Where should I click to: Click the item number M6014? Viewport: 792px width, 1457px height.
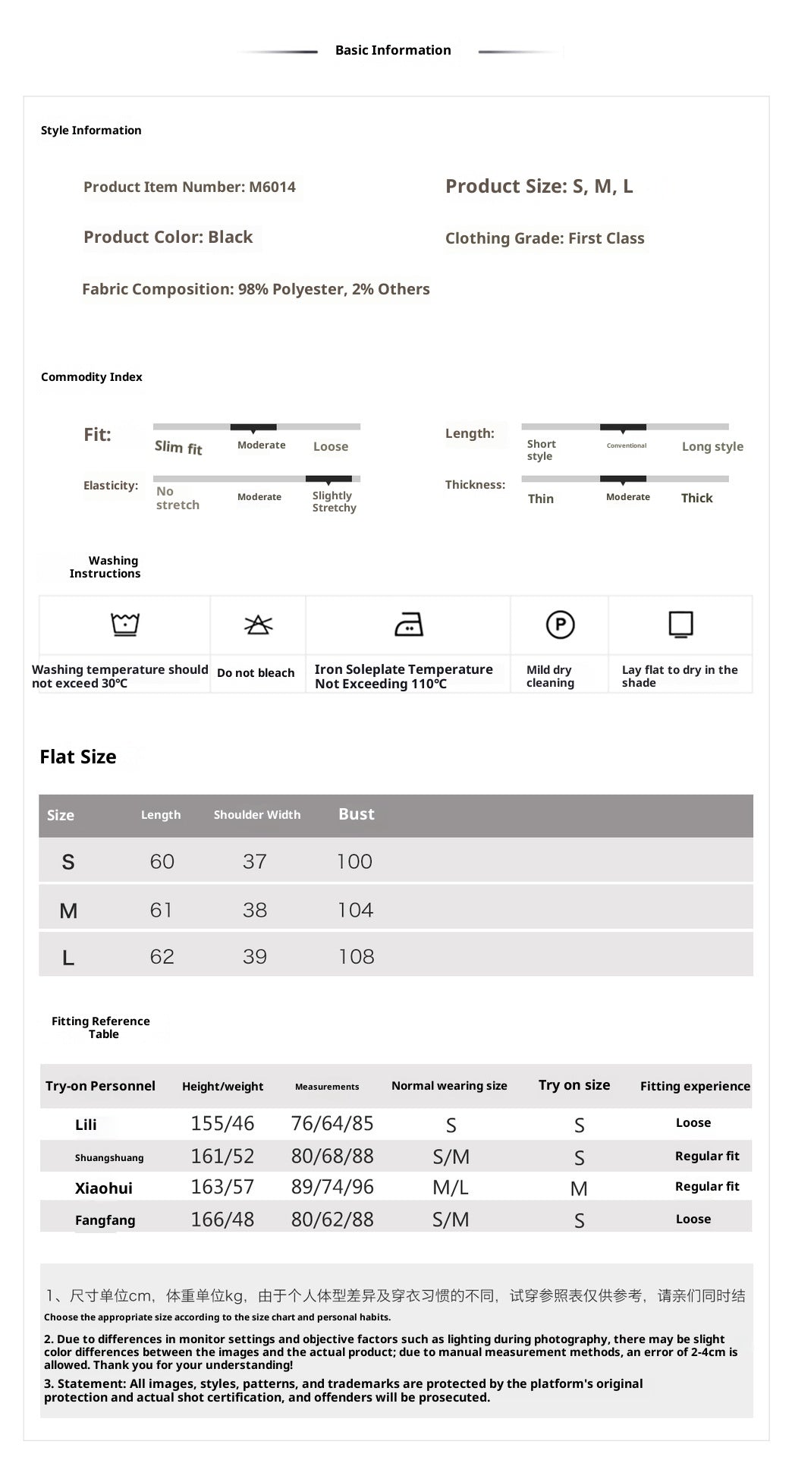(x=272, y=187)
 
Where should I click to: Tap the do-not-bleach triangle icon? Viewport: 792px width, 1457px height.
(x=258, y=625)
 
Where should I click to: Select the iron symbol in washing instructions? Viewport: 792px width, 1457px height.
(x=409, y=625)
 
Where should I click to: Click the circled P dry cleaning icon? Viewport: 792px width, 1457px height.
(x=560, y=625)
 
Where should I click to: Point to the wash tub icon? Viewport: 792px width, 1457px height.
(x=125, y=624)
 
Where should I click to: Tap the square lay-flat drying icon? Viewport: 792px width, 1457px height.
(x=680, y=625)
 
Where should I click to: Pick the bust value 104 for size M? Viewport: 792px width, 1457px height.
(x=356, y=910)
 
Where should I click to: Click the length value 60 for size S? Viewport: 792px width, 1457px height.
(x=162, y=861)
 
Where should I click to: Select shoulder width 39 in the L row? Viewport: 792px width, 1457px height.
(x=255, y=957)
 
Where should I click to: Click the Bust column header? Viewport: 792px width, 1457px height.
(x=357, y=814)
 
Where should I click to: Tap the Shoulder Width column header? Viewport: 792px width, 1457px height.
(x=257, y=815)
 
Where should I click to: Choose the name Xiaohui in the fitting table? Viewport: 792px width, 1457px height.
(x=104, y=1188)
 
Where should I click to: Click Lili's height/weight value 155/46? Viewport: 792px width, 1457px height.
(x=222, y=1124)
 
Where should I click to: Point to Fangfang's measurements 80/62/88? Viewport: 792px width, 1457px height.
(x=332, y=1219)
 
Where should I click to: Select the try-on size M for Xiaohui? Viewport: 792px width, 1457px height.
(x=579, y=1189)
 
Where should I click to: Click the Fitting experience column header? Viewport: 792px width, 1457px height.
(x=695, y=1086)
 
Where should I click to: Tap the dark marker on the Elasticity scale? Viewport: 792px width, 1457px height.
(x=328, y=479)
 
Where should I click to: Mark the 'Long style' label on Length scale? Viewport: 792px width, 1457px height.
(x=712, y=446)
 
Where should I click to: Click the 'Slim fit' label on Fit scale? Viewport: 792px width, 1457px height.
(x=178, y=448)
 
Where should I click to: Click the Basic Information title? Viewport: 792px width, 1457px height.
(x=393, y=50)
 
